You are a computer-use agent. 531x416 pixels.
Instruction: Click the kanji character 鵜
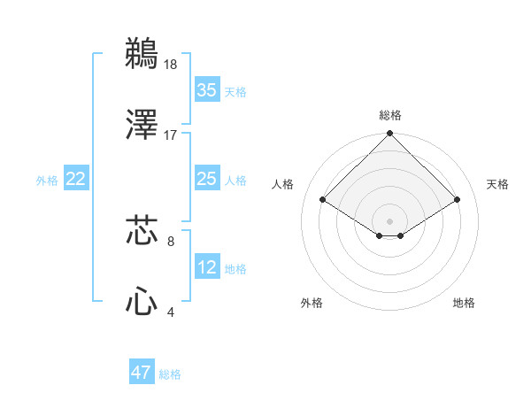142,54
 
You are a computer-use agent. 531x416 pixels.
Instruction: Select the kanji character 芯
142,231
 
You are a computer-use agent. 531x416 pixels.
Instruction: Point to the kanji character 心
142,302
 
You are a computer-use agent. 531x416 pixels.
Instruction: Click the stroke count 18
170,64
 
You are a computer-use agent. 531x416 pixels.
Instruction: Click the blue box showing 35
206,90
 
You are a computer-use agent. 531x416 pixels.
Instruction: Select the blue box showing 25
206,179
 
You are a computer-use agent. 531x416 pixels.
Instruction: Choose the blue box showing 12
206,267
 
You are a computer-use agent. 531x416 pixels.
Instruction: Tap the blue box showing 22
76,179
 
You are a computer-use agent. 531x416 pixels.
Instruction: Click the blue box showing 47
142,373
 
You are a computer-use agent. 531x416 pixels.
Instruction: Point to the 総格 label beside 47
170,374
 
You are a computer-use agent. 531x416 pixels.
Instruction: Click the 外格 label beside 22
47,181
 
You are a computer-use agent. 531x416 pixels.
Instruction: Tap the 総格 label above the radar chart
390,115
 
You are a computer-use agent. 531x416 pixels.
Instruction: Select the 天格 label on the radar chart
497,184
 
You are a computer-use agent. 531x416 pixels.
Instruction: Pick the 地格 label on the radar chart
464,304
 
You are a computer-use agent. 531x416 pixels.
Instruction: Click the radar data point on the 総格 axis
390,135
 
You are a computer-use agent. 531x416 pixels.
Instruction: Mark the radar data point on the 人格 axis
323,199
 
